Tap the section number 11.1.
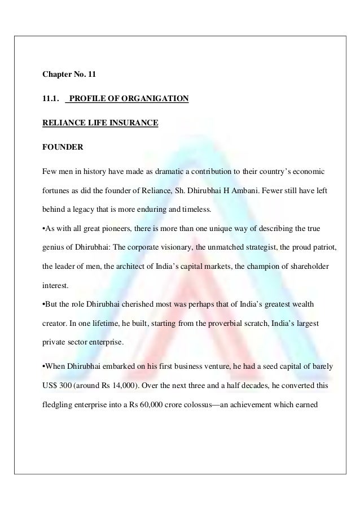(x=51, y=99)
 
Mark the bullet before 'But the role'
(x=45, y=306)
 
